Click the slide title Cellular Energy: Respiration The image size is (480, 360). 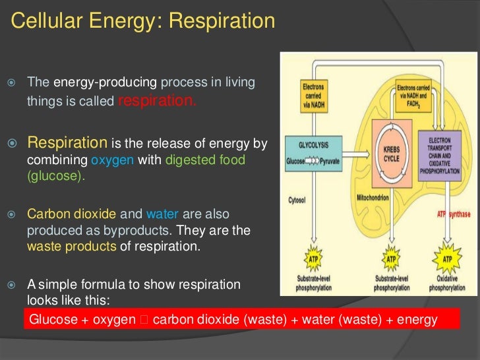click(x=143, y=22)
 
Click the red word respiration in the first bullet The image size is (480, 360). click(x=157, y=101)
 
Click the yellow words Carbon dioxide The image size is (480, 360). click(x=71, y=214)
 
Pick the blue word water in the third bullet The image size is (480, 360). click(x=162, y=214)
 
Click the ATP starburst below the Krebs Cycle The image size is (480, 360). click(x=391, y=258)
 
